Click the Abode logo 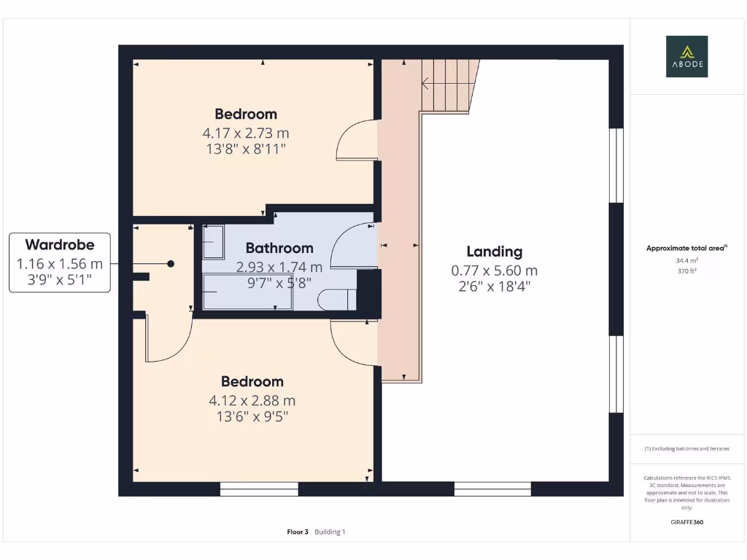tap(686, 57)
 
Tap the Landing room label tap(495, 252)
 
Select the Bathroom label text tap(279, 248)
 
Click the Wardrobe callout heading tap(60, 245)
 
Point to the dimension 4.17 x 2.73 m tap(246, 133)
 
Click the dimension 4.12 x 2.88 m tap(252, 400)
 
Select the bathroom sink tap(213, 242)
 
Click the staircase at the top tap(449, 85)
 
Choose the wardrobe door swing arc tap(169, 338)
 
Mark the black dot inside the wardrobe tap(171, 264)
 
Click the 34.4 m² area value tap(686, 260)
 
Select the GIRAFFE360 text tap(686, 522)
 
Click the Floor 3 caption tap(298, 532)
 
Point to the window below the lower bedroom tap(259, 489)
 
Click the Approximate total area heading tap(686, 248)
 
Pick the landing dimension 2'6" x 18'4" tap(495, 287)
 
